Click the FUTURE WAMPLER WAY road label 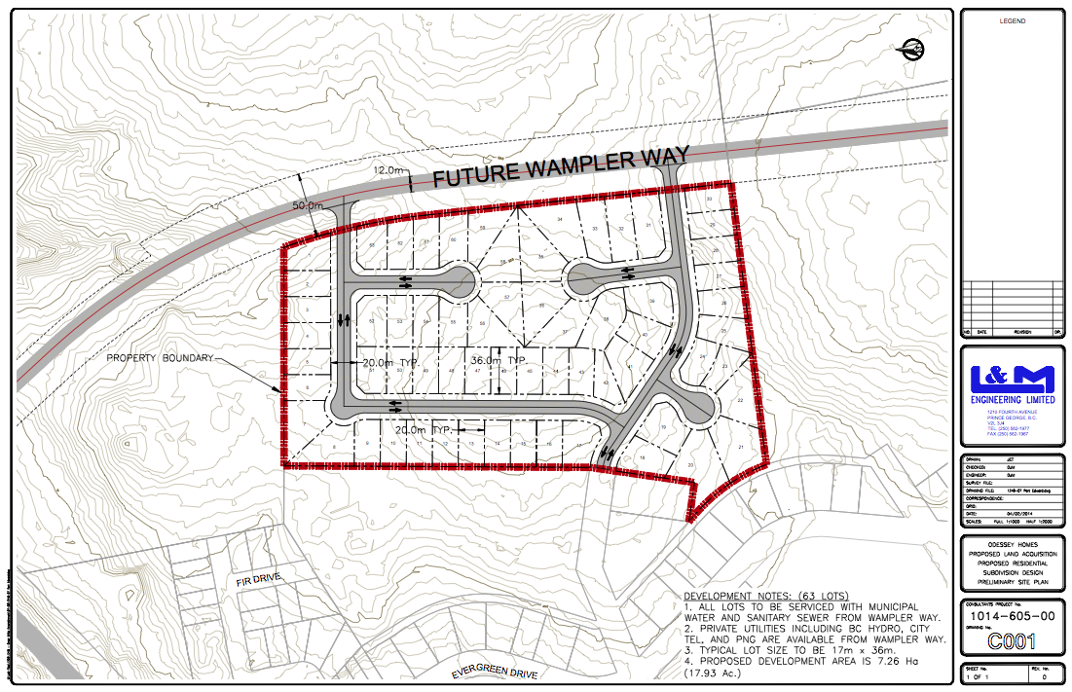point(561,166)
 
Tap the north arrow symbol point(914,48)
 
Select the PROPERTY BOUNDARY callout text point(161,358)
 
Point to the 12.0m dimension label point(388,170)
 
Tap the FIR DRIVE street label point(258,579)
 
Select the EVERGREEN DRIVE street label point(500,673)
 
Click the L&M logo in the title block point(1013,379)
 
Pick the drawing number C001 point(1013,641)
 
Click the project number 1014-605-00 point(1013,617)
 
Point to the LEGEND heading point(1013,20)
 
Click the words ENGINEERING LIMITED point(1013,399)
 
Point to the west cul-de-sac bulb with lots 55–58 point(460,283)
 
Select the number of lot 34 point(560,220)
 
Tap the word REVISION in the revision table point(1022,332)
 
